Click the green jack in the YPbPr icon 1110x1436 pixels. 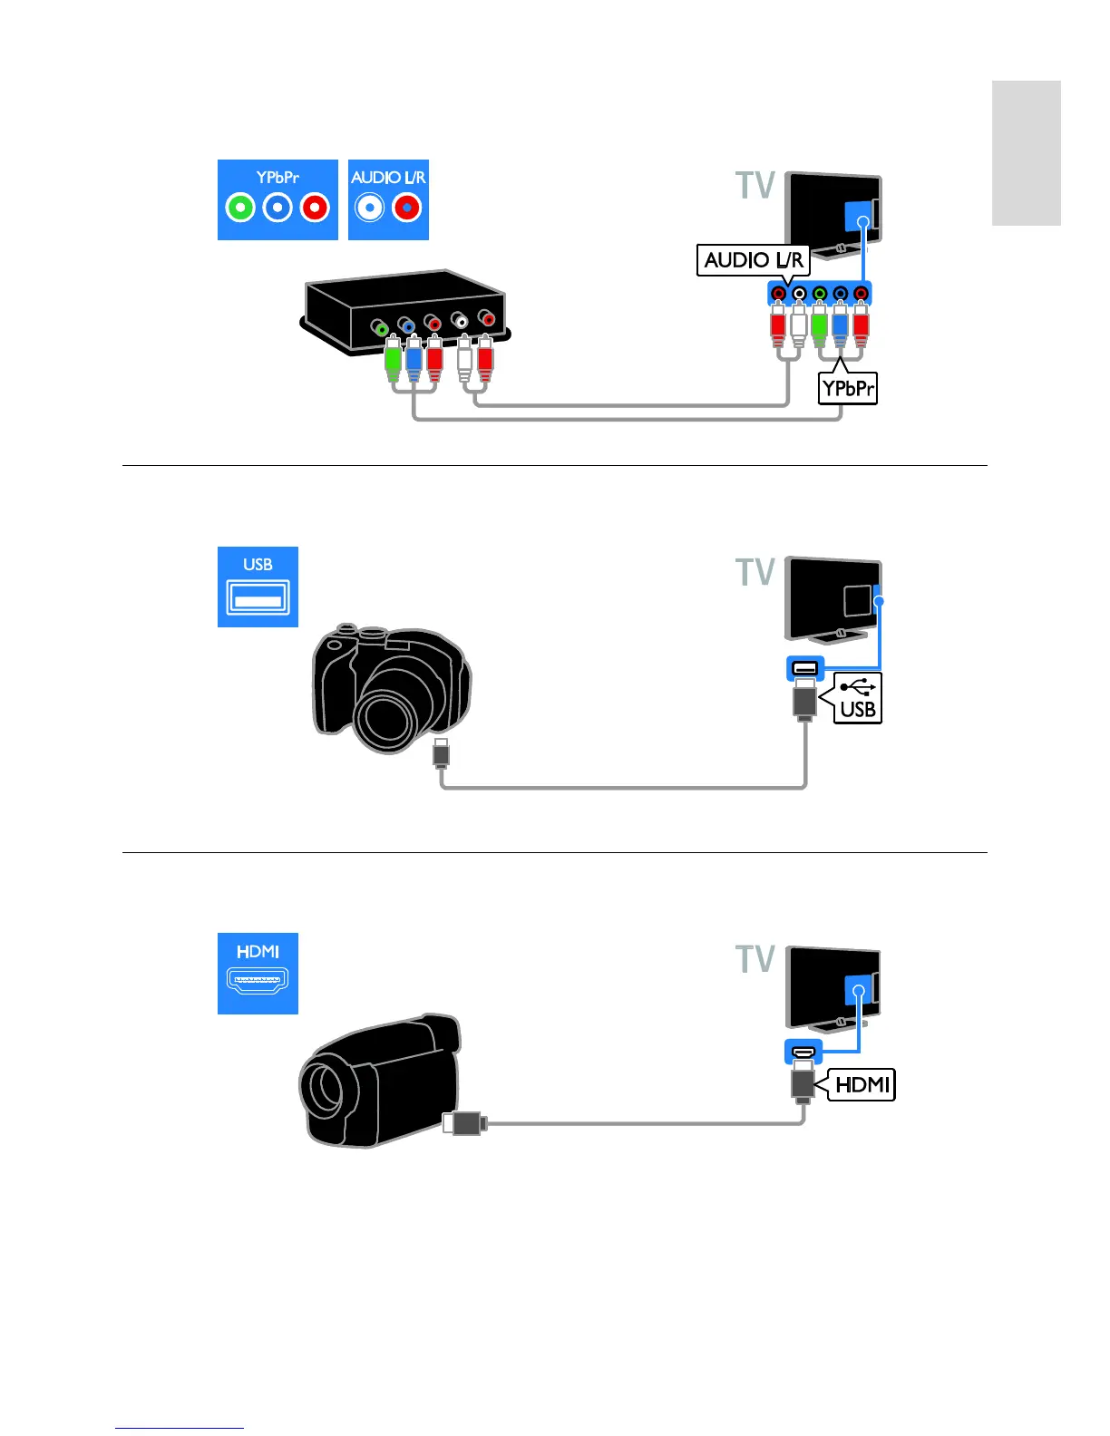pos(240,209)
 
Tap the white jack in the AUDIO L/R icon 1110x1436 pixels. pos(369,209)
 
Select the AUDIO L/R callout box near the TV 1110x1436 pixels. pos(753,260)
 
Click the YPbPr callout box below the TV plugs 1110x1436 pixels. pos(848,389)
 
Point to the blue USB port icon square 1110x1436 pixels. pos(258,587)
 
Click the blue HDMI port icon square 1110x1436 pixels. pos(258,973)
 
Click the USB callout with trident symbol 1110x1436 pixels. pos(858,697)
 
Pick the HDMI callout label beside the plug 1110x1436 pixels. pos(862,1084)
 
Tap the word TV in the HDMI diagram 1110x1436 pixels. pos(755,959)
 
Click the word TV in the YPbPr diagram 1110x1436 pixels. pos(755,186)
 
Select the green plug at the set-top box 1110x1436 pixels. pos(393,361)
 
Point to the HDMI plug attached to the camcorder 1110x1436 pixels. pos(465,1124)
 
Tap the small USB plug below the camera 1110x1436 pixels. pos(441,754)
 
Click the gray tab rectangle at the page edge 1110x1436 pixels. pos(1026,152)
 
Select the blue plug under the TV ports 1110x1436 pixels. pos(840,328)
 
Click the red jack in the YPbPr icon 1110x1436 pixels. pos(315,209)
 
